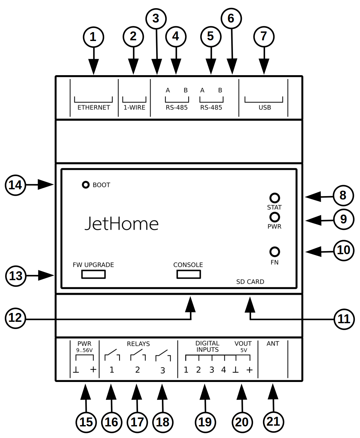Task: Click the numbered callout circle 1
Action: click(x=93, y=37)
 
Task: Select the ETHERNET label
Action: click(x=94, y=108)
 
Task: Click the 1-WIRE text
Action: click(x=134, y=108)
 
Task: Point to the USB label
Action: click(x=265, y=108)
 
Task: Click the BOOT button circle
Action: click(x=86, y=185)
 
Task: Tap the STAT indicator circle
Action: click(x=275, y=198)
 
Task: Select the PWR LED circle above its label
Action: click(x=275, y=217)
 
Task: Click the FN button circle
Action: click(x=275, y=252)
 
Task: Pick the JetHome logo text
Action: click(x=122, y=224)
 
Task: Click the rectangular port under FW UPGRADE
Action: click(x=93, y=274)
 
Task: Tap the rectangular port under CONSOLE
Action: click(x=189, y=274)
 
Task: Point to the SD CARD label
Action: click(x=250, y=282)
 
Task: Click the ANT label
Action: click(x=273, y=344)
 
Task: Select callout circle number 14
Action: click(x=16, y=185)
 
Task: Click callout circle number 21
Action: click(x=274, y=422)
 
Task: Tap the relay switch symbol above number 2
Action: click(x=138, y=355)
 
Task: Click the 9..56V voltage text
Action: click(x=84, y=350)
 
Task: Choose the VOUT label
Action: click(x=243, y=344)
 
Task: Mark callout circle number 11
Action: click(x=344, y=319)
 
